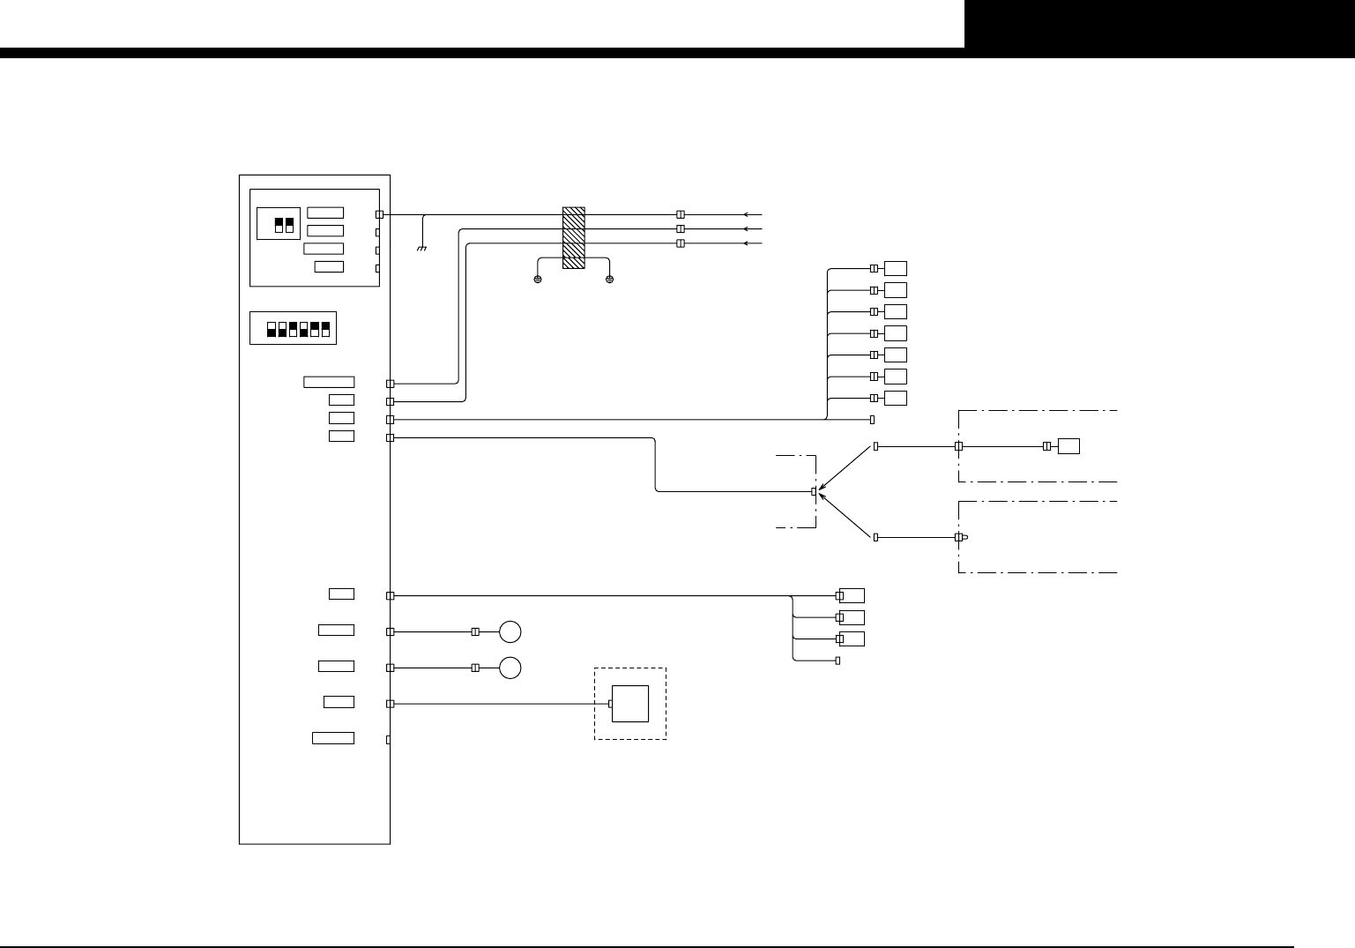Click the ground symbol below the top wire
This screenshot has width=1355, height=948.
pos(422,248)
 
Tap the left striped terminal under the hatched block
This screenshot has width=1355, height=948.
pos(538,280)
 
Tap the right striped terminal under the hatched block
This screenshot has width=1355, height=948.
pos(609,280)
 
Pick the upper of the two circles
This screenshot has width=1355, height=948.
pos(510,632)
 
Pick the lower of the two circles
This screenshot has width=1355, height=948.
pos(510,668)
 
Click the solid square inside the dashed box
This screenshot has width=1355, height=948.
pos(630,704)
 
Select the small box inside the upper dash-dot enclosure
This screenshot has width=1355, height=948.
pos(1068,446)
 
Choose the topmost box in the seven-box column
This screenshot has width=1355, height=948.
pos(896,268)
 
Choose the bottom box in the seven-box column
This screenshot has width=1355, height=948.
pos(896,398)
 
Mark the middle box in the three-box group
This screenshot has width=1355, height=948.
pos(852,617)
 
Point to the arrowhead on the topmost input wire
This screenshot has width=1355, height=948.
pos(747,214)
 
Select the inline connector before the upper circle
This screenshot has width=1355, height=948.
pos(475,632)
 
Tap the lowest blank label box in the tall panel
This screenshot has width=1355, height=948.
pos(333,738)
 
